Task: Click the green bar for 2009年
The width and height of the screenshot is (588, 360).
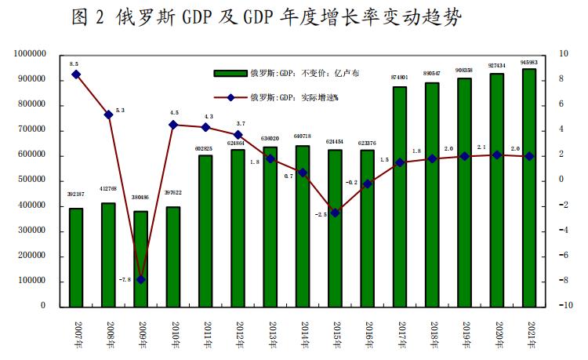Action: coord(141,259)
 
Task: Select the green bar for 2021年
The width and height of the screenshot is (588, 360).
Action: coord(529,188)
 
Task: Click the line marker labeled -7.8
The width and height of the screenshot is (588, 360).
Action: coord(141,279)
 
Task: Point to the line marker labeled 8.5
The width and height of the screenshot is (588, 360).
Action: coord(76,75)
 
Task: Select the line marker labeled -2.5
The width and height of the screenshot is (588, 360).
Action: coord(335,213)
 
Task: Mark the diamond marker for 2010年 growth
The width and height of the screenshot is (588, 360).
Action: coord(173,125)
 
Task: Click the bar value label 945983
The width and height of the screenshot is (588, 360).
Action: coord(529,63)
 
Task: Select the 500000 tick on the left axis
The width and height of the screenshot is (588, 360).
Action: coord(33,180)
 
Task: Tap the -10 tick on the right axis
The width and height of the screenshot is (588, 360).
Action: coord(562,307)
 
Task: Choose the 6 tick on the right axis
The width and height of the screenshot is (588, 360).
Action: coord(559,105)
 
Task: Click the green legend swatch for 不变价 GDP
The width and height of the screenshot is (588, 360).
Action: coord(230,74)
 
